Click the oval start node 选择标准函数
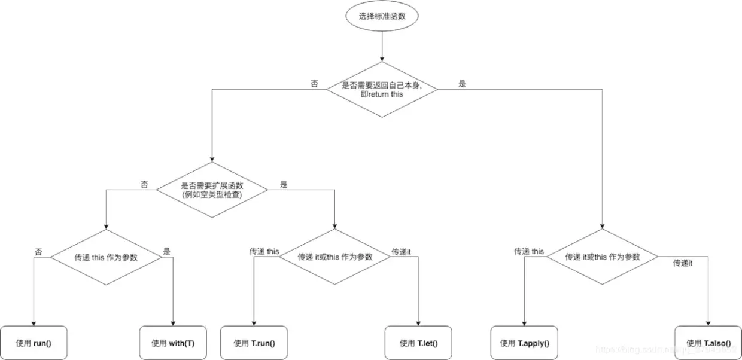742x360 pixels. tap(382, 17)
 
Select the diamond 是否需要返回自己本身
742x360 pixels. tap(382, 90)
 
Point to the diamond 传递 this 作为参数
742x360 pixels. tap(106, 257)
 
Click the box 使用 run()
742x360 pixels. tap(34, 343)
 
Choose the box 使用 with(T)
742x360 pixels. tap(173, 343)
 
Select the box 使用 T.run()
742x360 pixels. tap(254, 343)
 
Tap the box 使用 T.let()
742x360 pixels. tap(418, 343)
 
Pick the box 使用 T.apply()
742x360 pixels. tap(524, 343)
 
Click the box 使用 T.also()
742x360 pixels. tap(708, 343)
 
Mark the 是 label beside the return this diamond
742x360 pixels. tap(462, 84)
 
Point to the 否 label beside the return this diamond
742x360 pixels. tap(314, 84)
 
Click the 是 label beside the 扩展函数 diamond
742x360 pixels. tap(284, 184)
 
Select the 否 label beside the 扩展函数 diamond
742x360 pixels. tap(144, 184)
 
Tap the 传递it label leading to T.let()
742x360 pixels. tap(401, 252)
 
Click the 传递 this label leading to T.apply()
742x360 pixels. tap(529, 251)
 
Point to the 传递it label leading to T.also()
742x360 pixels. tap(682, 263)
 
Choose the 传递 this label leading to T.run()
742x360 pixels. tap(264, 251)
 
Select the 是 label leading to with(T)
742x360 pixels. tap(166, 252)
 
